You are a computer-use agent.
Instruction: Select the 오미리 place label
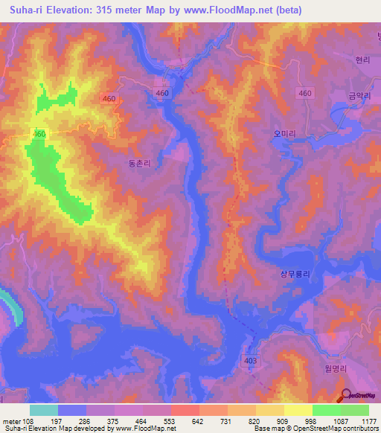click(x=284, y=134)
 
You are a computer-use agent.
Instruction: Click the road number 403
click(x=252, y=360)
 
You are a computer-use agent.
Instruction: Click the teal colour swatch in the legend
click(x=44, y=410)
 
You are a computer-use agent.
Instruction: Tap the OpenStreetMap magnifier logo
click(x=347, y=396)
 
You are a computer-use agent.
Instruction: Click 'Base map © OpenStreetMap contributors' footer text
click(x=316, y=429)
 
